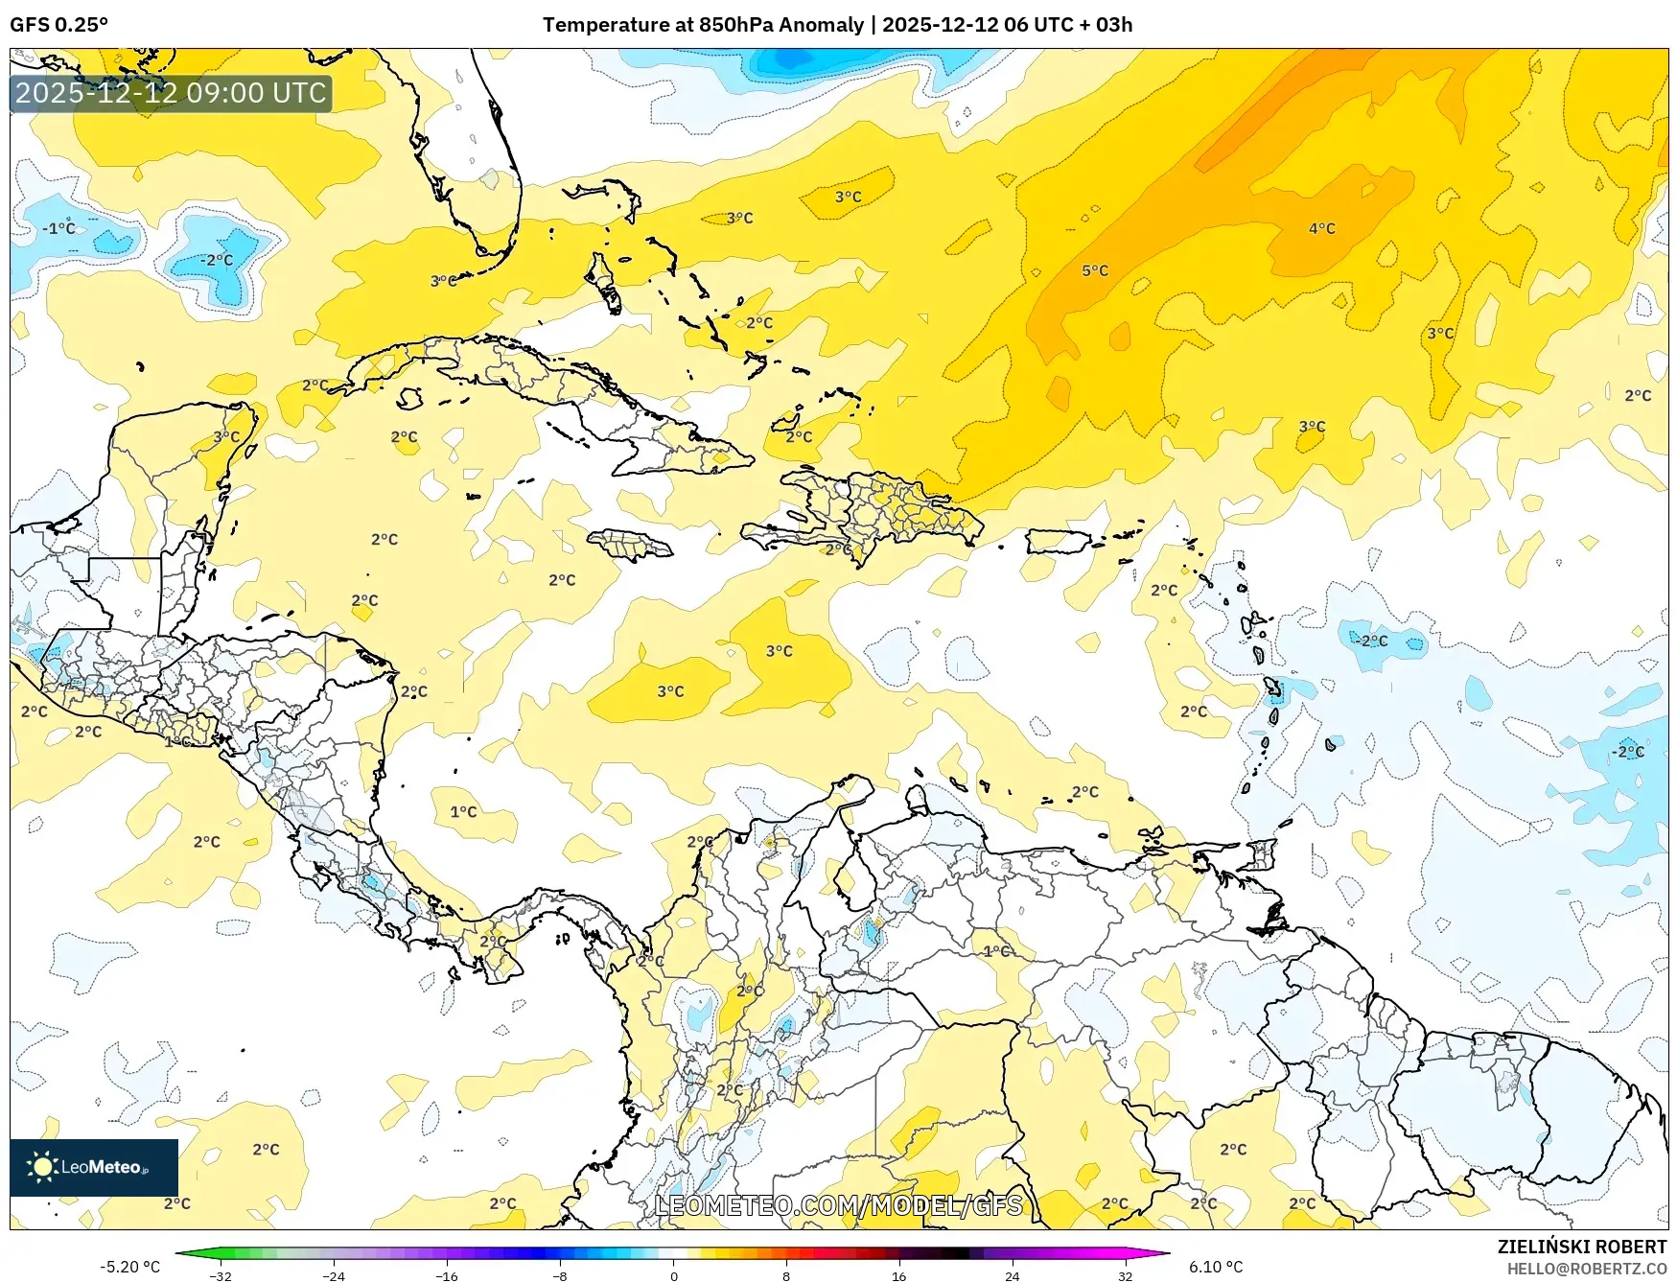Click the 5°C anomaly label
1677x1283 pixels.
(x=1095, y=271)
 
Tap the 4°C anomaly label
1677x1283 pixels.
(x=1321, y=228)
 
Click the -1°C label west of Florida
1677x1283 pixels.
(x=58, y=228)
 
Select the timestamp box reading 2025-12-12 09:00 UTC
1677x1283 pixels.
(x=172, y=93)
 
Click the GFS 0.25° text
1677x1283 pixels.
(x=58, y=25)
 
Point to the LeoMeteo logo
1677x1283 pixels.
(x=94, y=1167)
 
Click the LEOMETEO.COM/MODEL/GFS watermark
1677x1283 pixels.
(x=838, y=1205)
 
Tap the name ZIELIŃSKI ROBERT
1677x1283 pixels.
(x=1581, y=1247)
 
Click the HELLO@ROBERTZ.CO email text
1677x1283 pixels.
(x=1586, y=1269)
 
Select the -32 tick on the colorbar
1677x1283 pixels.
(x=221, y=1275)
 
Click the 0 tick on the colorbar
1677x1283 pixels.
(x=673, y=1275)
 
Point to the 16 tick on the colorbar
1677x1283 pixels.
(x=898, y=1275)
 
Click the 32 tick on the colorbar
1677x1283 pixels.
(x=1125, y=1275)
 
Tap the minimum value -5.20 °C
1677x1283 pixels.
(x=129, y=1267)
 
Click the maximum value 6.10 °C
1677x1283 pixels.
(x=1216, y=1267)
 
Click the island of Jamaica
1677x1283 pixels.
(x=630, y=547)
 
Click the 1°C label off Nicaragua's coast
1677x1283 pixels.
(x=463, y=812)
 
